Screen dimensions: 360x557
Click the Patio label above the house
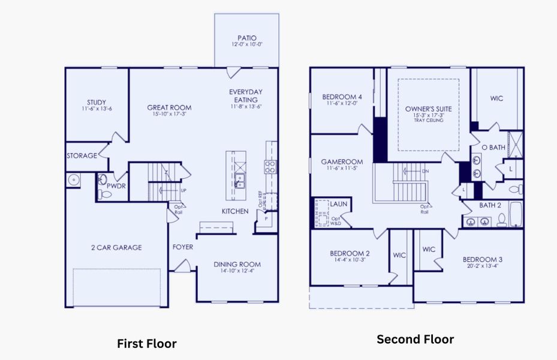point(246,38)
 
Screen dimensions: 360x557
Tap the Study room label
point(97,103)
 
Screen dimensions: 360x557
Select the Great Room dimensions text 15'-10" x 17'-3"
point(169,114)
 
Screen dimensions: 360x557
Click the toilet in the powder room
point(103,179)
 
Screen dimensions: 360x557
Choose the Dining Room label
point(237,264)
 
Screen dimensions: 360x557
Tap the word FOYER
point(183,247)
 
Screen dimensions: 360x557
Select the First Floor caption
point(146,344)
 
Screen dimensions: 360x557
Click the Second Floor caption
point(415,340)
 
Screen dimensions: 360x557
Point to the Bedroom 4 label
point(342,97)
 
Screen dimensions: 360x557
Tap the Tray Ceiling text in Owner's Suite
point(428,121)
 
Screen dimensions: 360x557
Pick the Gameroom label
point(342,162)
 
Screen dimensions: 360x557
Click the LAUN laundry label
point(338,204)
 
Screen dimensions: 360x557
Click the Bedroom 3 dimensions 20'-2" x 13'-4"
point(482,267)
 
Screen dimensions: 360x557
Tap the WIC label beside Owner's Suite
point(496,98)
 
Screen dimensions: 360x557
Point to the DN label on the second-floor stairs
point(426,171)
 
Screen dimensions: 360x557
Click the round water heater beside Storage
point(74,179)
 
